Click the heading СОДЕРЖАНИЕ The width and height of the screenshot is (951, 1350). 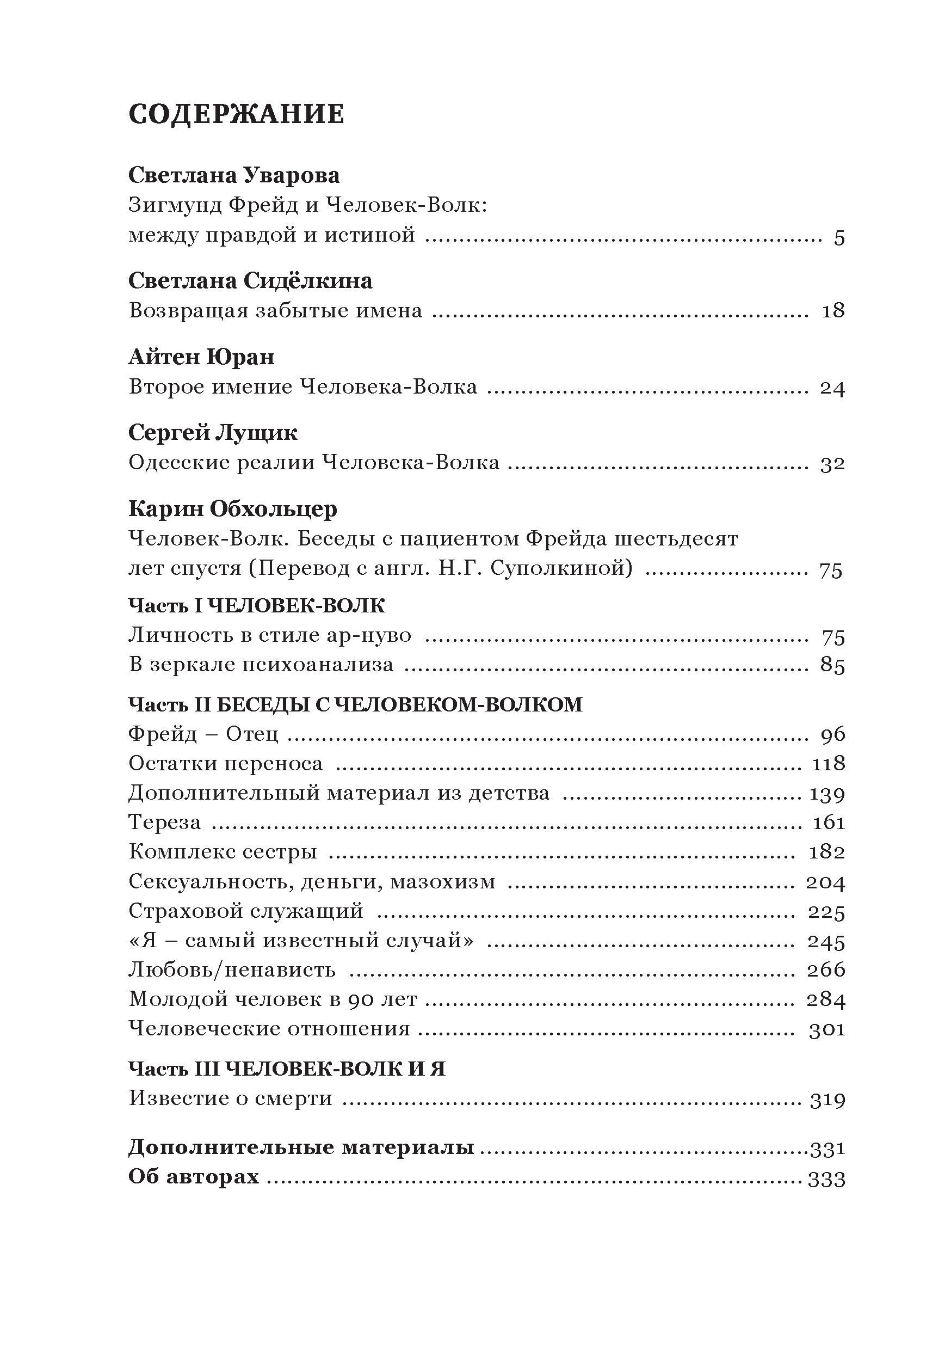click(236, 114)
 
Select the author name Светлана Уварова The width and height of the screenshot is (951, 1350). click(234, 175)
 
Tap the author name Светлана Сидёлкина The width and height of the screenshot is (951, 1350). click(250, 281)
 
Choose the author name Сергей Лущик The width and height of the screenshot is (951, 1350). click(213, 433)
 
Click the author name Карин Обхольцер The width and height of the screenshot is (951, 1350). click(233, 508)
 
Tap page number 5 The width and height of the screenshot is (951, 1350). click(839, 238)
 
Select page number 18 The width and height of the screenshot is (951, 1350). click(833, 311)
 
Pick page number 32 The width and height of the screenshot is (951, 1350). click(832, 464)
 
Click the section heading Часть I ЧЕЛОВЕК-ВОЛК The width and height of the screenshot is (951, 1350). click(257, 606)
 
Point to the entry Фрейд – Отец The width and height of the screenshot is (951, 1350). click(203, 734)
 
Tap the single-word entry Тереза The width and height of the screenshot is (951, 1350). click(164, 822)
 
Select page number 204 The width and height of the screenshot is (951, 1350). click(826, 882)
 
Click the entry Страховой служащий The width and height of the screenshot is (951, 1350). click(246, 911)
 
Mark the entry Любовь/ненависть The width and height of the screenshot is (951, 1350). click(232, 969)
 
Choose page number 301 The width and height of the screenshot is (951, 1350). click(826, 1029)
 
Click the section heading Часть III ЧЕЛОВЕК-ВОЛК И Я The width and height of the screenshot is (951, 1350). click(287, 1069)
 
